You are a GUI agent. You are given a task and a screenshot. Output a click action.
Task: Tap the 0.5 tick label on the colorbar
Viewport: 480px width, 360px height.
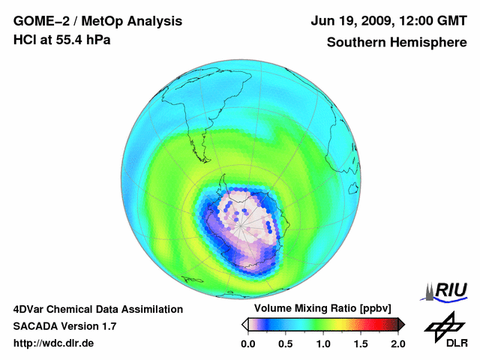285,343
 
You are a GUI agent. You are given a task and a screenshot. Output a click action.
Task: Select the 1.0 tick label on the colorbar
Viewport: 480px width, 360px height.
322,343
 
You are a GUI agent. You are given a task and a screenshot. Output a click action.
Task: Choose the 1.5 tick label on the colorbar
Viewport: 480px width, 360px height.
360,343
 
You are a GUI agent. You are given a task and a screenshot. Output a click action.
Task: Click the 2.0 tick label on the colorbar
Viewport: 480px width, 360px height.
397,343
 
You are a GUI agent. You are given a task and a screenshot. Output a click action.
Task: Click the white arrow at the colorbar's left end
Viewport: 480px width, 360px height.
244,324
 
